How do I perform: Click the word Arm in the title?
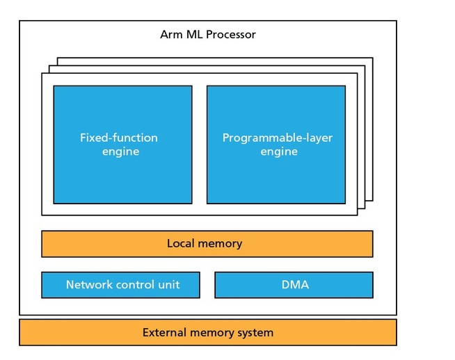tap(172, 35)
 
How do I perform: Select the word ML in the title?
tap(195, 35)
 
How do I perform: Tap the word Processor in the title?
tap(231, 35)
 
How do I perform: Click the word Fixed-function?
tap(119, 138)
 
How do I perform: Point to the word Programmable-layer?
tap(278, 138)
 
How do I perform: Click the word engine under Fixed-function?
tap(121, 152)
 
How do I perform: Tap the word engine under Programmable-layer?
tap(279, 152)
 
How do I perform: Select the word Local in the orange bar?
tap(180, 243)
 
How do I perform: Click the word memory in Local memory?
tap(220, 244)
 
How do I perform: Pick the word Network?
tap(89, 285)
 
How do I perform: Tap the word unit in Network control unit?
tap(169, 285)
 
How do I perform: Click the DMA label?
tap(295, 285)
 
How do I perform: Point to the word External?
tap(164, 332)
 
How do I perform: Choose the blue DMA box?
tap(294, 285)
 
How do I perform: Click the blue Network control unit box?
tap(121, 285)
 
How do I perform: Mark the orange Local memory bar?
tap(207, 244)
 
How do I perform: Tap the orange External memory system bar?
tap(208, 332)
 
